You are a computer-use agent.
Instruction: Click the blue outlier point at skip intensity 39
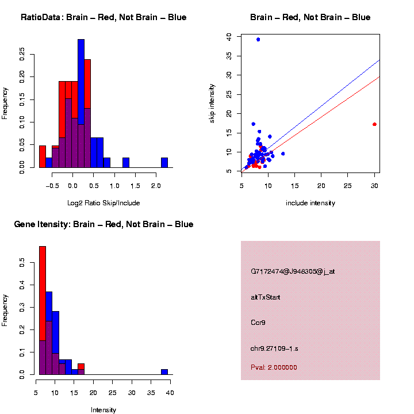[x=258, y=39]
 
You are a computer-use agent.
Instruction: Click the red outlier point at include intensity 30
[x=374, y=124]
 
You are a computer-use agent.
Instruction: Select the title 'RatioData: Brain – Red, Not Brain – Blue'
[x=103, y=17]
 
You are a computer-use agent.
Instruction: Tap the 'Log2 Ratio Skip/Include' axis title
[x=103, y=203]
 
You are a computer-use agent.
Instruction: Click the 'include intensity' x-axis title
[x=310, y=203]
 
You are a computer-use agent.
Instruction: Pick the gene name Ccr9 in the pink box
[x=258, y=323]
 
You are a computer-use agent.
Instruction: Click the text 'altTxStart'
[x=265, y=297]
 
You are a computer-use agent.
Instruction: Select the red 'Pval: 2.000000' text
[x=274, y=367]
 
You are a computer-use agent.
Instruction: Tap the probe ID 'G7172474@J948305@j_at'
[x=293, y=271]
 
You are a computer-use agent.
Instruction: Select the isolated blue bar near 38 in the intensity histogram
[x=164, y=371]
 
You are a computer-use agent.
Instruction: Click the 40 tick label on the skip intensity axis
[x=229, y=36]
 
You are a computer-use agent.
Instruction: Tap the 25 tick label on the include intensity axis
[x=348, y=186]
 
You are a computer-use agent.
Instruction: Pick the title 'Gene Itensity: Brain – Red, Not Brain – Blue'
[x=104, y=224]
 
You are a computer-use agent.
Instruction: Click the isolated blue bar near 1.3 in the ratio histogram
[x=126, y=163]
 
